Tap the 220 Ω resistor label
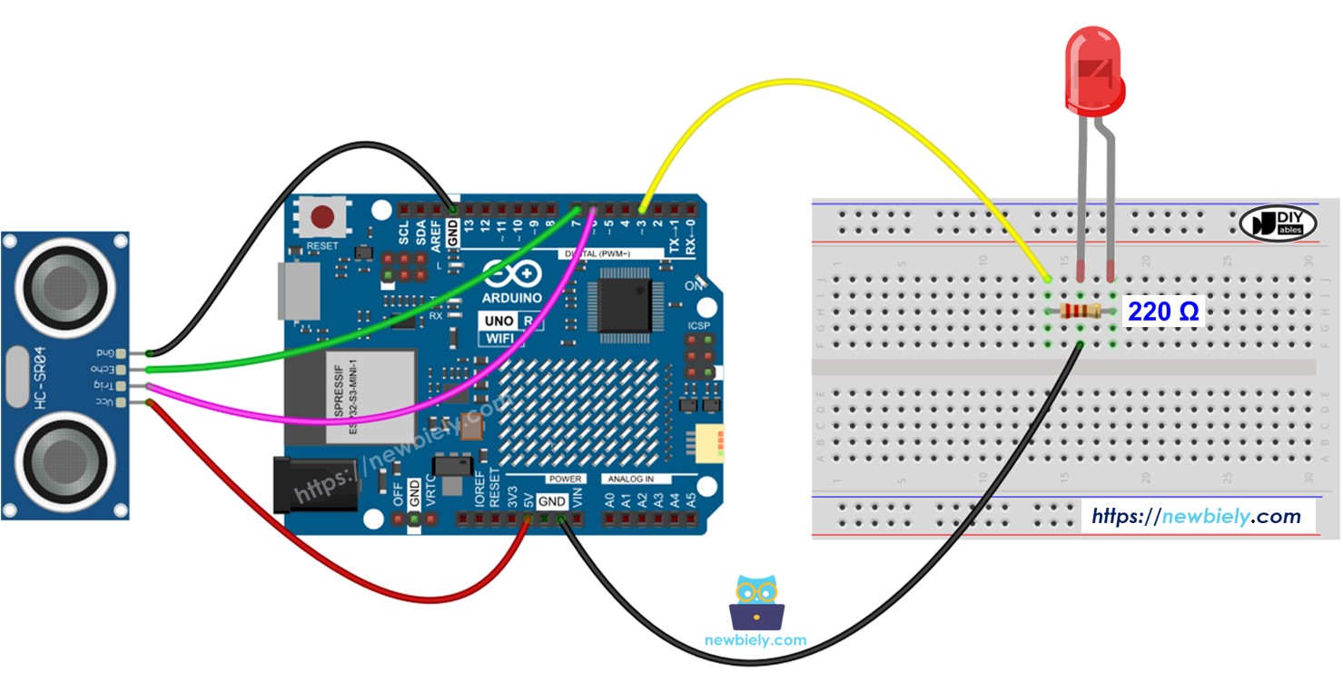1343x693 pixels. click(1163, 312)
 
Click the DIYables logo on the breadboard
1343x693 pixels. click(1277, 223)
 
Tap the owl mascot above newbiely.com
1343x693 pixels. click(755, 601)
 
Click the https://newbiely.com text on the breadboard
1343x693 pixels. click(1196, 516)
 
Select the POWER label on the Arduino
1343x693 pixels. click(564, 479)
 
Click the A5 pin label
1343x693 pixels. click(691, 500)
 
